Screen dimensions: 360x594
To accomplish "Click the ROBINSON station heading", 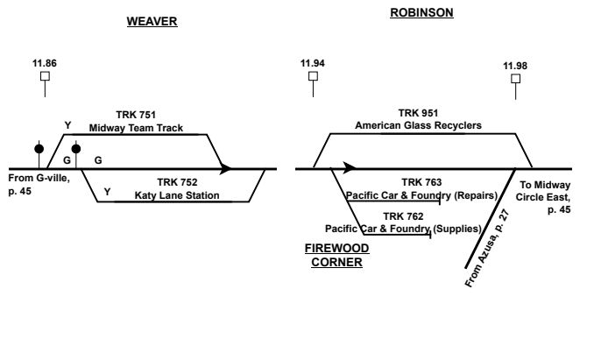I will (422, 12).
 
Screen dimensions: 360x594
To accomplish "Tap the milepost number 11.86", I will (45, 63).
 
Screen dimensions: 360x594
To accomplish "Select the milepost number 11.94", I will (312, 63).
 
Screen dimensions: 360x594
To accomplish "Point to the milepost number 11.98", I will (516, 67).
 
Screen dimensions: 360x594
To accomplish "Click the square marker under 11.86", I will (45, 76).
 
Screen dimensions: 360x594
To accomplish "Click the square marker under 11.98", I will (516, 79).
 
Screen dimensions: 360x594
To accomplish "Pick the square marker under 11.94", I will (313, 76).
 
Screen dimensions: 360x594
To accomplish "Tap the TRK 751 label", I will (137, 115).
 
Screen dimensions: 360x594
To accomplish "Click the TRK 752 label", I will (176, 181).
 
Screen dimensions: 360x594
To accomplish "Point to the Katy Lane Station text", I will (176, 194).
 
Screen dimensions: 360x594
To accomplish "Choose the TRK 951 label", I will (418, 113).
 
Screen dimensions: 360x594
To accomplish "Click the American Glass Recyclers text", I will (418, 126).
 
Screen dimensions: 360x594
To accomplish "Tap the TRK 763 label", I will (422, 181).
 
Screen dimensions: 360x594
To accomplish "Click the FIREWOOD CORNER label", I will (336, 255).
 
